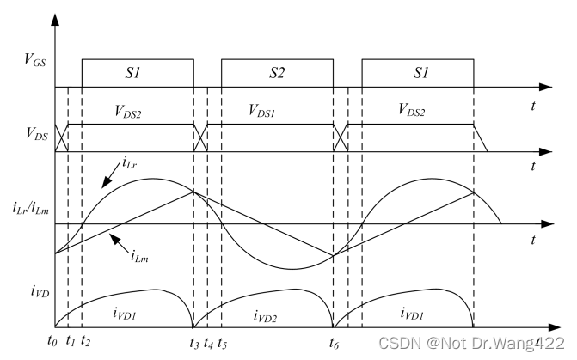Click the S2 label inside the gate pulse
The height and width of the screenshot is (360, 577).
tap(276, 73)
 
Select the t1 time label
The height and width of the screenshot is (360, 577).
tap(70, 342)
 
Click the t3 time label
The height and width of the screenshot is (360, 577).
tap(194, 342)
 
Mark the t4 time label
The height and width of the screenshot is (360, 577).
tap(209, 342)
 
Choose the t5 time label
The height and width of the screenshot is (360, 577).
tap(223, 342)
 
